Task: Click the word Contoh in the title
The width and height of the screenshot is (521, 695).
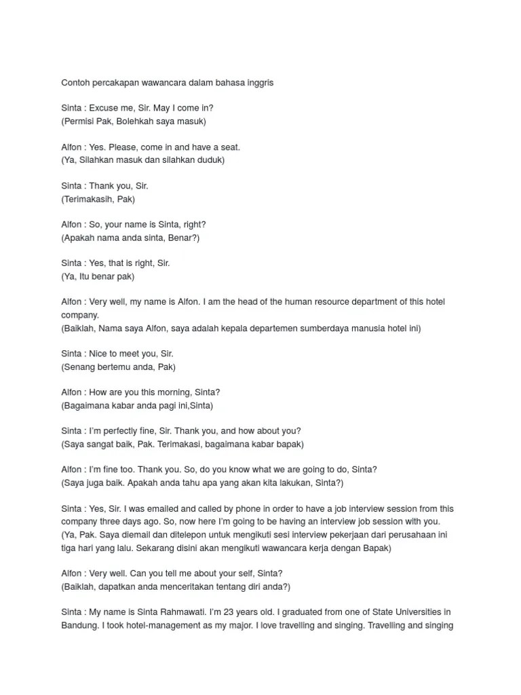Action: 75,83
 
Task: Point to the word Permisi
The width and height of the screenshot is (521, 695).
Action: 80,121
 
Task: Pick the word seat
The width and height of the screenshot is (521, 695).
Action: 229,147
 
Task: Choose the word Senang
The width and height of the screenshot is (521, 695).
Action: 79,367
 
